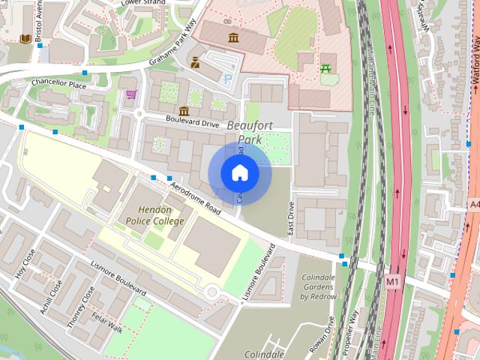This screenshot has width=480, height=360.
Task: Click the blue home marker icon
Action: pos(239,172)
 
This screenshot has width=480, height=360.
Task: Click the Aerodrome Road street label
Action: pos(194,197)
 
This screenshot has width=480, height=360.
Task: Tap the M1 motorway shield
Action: pos(392,280)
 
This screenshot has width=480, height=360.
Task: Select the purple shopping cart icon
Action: pos(131,94)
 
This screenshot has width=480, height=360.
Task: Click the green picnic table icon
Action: pos(325,68)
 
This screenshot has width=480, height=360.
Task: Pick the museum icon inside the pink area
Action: pos(233,37)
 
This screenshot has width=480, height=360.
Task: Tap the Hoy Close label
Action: pos(25,265)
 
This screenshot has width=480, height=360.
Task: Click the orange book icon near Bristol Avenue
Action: pos(26,38)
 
